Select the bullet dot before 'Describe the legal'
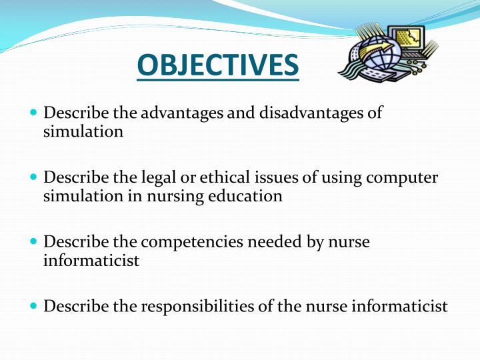click(34, 177)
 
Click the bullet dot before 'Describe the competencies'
click(34, 242)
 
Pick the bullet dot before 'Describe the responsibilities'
click(34, 307)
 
